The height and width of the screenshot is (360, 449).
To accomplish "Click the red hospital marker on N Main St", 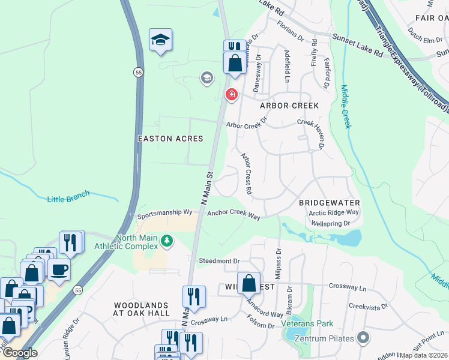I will (231, 95).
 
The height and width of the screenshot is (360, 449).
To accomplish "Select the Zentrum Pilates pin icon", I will (362, 338).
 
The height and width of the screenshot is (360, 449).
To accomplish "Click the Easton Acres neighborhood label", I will (170, 139).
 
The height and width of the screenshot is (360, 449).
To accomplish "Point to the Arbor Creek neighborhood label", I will (289, 106).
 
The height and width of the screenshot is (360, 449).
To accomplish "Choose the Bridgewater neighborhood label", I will (329, 203).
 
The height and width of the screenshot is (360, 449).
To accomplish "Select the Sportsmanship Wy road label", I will (164, 213).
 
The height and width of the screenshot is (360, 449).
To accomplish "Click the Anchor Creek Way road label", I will (234, 213).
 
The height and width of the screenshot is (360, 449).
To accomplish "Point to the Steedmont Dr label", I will (219, 261).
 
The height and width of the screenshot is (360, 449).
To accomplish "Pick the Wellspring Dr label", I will (330, 224).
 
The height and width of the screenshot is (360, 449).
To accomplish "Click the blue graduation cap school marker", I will (160, 40).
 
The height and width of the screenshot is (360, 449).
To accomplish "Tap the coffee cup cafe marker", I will (58, 270).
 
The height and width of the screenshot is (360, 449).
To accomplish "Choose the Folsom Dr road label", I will (261, 322).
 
